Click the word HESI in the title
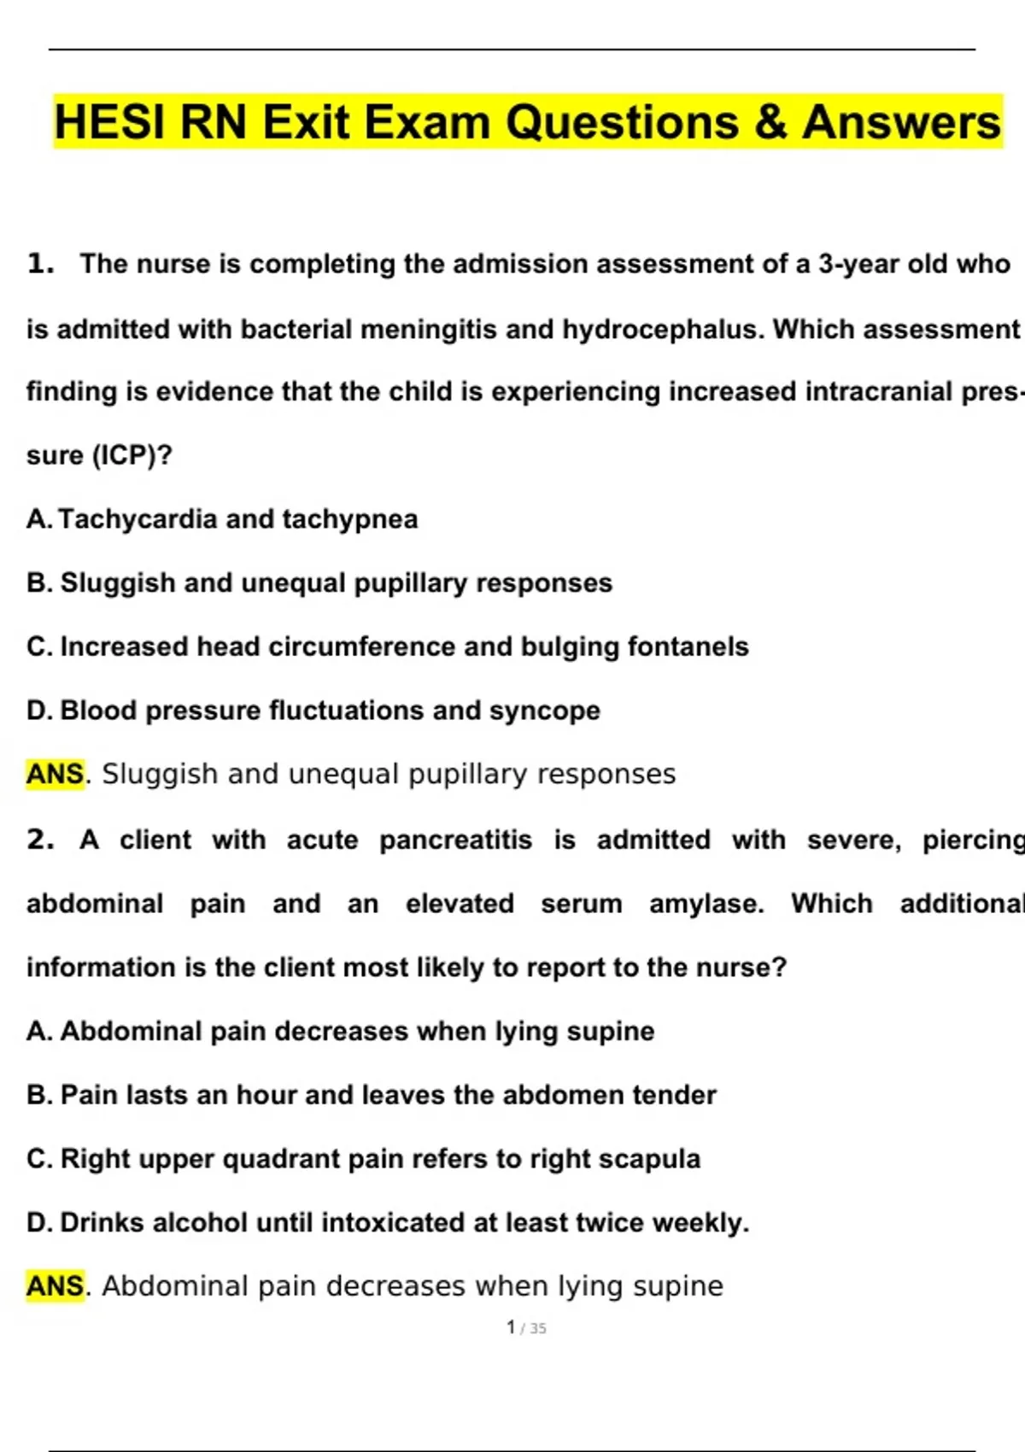111,122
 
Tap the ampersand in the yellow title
770,122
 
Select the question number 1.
40,264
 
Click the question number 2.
40,840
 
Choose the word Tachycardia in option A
138,519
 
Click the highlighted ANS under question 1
56,774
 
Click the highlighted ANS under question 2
56,1285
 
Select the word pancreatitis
455,840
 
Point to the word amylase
706,904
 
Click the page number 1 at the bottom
511,1327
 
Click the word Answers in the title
901,122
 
